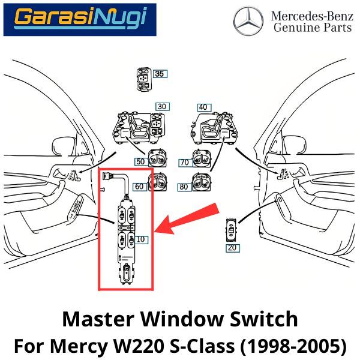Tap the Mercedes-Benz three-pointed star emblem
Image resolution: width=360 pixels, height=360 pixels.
pyautogui.click(x=248, y=22)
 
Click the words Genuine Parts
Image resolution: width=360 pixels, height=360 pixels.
pyautogui.click(x=311, y=27)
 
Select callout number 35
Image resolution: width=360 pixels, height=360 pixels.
pyautogui.click(x=159, y=74)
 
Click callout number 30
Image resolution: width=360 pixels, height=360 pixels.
pyautogui.click(x=162, y=107)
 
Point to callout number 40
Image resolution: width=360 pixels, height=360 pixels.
pyautogui.click(x=204, y=107)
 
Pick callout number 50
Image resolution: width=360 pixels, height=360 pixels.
pyautogui.click(x=140, y=162)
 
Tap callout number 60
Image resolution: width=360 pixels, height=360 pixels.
pyautogui.click(x=139, y=186)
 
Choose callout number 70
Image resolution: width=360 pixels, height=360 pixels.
pyautogui.click(x=185, y=162)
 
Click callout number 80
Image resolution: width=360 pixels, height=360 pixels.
pyautogui.click(x=184, y=187)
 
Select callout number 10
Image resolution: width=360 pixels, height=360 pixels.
pyautogui.click(x=141, y=239)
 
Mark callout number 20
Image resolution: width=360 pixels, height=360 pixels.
pyautogui.click(x=232, y=247)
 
